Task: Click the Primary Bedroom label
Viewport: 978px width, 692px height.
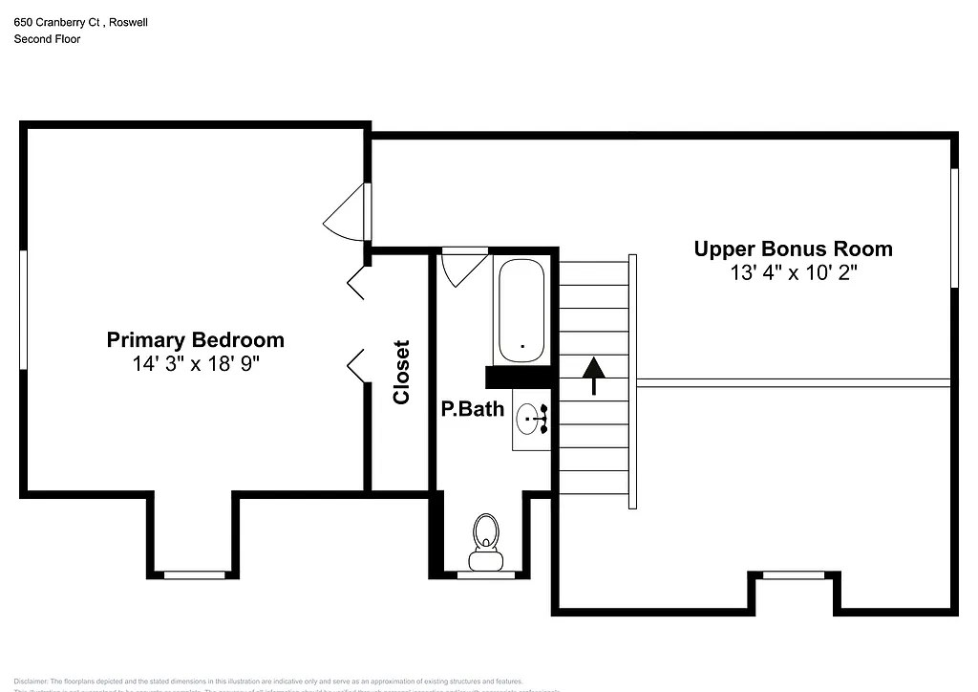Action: tap(195, 339)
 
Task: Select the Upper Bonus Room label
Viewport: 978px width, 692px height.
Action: tap(793, 249)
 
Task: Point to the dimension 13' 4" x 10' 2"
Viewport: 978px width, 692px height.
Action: tap(793, 272)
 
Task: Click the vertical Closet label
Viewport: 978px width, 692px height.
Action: tap(401, 372)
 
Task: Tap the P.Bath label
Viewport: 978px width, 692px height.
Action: tap(472, 409)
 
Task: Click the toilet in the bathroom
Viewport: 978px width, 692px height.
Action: tap(485, 540)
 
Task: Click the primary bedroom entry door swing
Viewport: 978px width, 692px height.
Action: tap(346, 215)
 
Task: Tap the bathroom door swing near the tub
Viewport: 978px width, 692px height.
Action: tap(463, 266)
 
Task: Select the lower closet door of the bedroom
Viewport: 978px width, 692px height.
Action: tap(355, 367)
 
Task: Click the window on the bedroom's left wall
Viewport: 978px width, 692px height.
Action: tap(23, 308)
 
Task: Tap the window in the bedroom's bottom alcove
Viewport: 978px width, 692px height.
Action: tap(195, 574)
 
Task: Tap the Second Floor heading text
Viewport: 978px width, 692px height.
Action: tap(47, 39)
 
